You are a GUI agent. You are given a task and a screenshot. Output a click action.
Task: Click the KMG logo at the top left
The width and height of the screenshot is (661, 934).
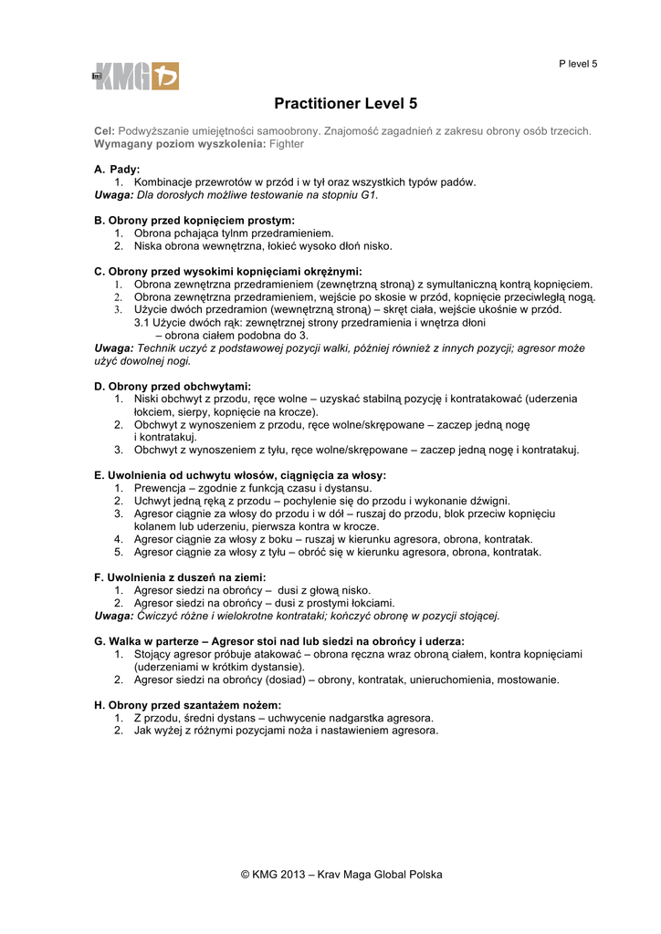[x=135, y=76]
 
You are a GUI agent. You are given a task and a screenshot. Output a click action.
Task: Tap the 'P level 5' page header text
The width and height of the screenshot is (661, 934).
[x=578, y=64]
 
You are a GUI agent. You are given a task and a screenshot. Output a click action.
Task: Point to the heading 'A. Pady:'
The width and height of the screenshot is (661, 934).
[x=117, y=170]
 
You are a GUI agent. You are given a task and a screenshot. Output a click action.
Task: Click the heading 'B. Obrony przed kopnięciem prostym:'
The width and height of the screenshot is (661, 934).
[x=194, y=221]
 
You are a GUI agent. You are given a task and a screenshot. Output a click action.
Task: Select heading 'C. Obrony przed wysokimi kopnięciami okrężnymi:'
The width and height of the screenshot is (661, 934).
[x=228, y=272]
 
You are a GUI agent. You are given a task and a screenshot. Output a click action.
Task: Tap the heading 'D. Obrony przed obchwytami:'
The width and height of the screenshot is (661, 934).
[x=173, y=387]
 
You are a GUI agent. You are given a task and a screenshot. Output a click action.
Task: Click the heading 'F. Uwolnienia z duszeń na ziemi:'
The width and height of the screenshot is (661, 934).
[x=181, y=577]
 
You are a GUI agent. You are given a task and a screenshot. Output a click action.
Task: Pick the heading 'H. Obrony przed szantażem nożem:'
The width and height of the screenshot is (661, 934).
[x=187, y=705]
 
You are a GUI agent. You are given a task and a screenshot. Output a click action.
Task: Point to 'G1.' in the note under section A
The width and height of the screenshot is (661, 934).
[x=368, y=195]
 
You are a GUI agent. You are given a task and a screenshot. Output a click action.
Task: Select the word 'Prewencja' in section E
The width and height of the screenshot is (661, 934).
[x=161, y=488]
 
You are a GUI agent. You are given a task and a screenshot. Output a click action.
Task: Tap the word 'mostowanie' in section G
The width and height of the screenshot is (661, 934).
[x=530, y=680]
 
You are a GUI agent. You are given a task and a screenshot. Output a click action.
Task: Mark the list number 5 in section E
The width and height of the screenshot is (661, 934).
[x=119, y=552]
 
